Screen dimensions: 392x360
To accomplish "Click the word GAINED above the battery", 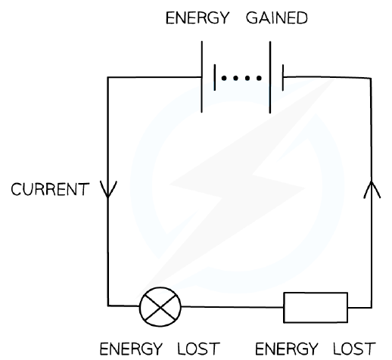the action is [x=277, y=18].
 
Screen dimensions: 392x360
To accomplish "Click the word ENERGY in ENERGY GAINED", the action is [x=198, y=18].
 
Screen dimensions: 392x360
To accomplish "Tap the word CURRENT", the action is [x=50, y=189].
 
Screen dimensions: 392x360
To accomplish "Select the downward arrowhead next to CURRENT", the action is [x=108, y=189].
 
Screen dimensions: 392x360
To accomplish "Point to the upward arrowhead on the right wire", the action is [x=372, y=189].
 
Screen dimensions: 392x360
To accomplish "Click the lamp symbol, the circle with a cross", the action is [x=160, y=307].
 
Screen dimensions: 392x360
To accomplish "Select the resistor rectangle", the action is [x=316, y=308].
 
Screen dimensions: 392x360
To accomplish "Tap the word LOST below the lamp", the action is [x=198, y=349].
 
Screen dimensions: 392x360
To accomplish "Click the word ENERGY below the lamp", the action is [x=131, y=349].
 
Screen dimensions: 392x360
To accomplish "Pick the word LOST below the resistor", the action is [x=354, y=349].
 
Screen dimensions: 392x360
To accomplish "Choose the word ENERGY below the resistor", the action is [x=287, y=349].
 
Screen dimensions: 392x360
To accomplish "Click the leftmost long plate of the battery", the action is [x=201, y=77].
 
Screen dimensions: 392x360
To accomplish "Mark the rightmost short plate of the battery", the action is [x=283, y=77].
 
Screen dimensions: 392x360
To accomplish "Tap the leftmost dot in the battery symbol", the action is [x=224, y=78].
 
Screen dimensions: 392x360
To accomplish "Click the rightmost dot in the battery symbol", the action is [x=259, y=78].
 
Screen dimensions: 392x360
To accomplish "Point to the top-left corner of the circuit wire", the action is [x=108, y=77].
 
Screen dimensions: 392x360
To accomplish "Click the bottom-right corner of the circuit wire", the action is [x=372, y=308].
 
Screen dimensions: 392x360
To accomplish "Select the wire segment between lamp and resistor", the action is [x=232, y=307].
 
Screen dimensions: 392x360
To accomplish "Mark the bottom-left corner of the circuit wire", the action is [x=108, y=306].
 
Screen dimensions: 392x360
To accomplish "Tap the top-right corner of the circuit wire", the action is [x=371, y=78].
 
